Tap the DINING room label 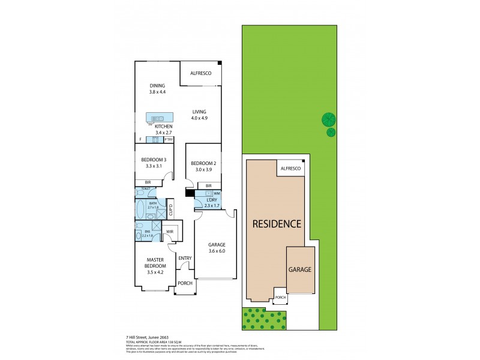[x=157, y=89]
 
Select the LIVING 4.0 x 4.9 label [x=200, y=115]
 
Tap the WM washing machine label [x=217, y=194]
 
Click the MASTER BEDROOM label [x=155, y=265]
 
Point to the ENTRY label [x=185, y=259]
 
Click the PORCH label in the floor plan [x=185, y=284]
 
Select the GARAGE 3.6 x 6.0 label [x=217, y=248]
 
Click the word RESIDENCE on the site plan [x=276, y=224]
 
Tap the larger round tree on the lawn [x=328, y=119]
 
